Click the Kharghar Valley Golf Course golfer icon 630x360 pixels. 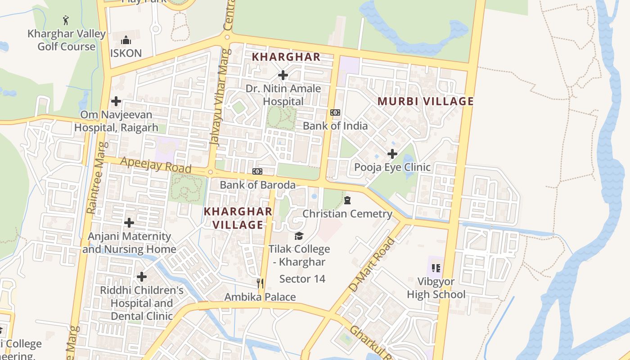point(66,20)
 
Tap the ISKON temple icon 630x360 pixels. point(126,39)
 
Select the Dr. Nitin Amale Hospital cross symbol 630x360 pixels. point(283,75)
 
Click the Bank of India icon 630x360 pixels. point(335,112)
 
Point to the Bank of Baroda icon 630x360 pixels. point(257,171)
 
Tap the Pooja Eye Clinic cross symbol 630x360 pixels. point(392,154)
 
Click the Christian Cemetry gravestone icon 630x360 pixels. point(347,200)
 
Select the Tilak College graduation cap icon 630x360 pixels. point(299,236)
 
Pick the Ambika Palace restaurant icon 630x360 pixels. point(260,283)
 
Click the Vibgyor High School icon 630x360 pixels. point(436,268)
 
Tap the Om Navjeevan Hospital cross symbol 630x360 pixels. point(116,101)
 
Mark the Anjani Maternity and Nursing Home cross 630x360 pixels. point(129,223)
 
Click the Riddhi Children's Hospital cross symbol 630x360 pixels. point(142,276)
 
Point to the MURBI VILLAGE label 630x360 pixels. point(426,101)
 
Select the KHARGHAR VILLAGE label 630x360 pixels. point(238,218)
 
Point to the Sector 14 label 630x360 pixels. point(302,279)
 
